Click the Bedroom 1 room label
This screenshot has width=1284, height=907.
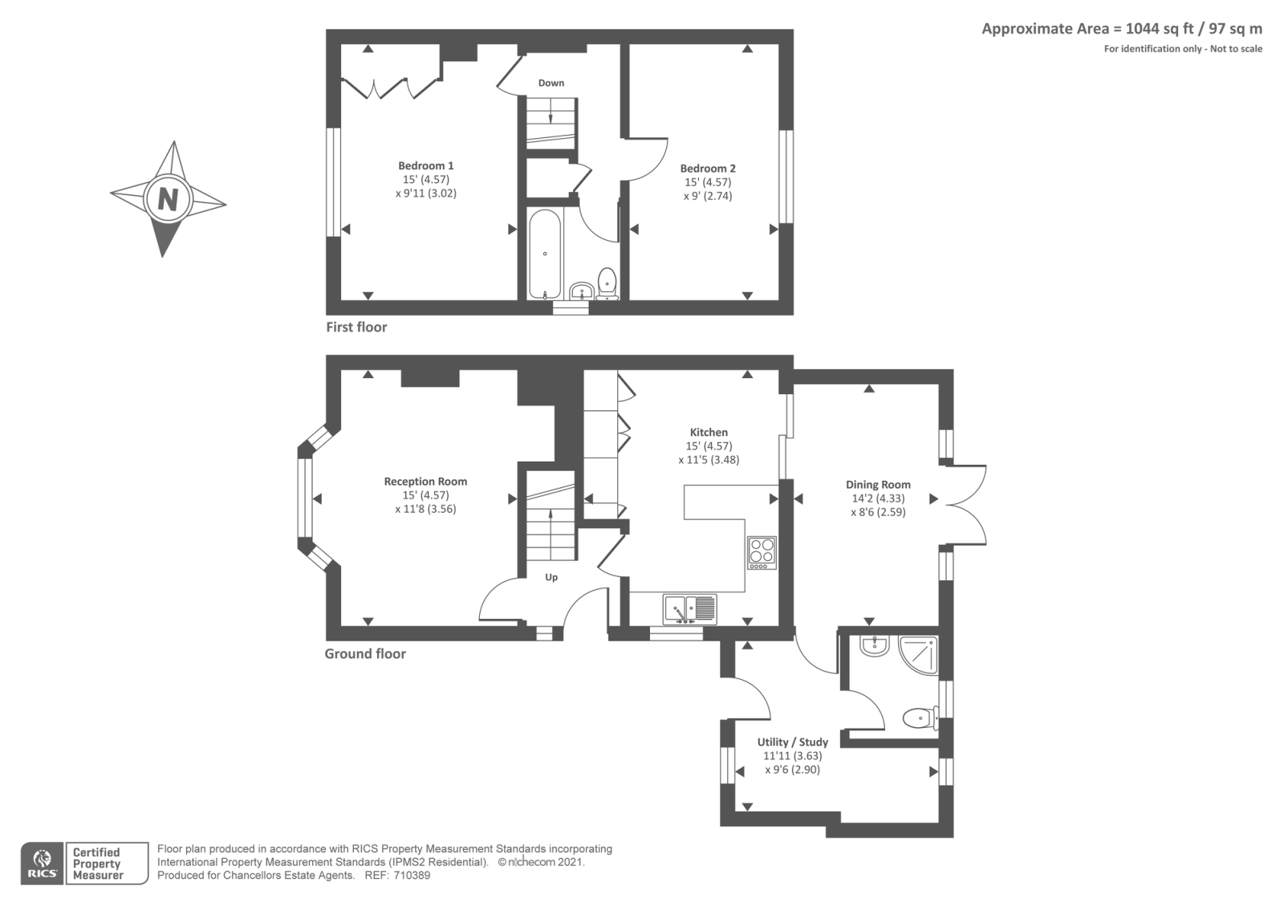point(425,166)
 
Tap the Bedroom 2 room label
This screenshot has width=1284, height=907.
point(707,169)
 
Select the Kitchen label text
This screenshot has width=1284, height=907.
point(709,433)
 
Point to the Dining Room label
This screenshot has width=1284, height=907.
point(878,485)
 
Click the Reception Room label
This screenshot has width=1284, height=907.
point(425,482)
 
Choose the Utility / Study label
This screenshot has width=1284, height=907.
point(792,742)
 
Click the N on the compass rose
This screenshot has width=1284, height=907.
point(168,198)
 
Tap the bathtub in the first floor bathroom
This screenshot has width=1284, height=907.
point(545,254)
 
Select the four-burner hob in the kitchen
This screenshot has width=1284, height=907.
point(762,552)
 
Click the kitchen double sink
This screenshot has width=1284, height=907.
point(689,609)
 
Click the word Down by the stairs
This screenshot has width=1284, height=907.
point(551,83)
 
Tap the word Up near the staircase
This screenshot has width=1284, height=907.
point(551,577)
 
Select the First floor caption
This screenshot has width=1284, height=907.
point(356,327)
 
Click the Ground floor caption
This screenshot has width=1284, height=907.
point(365,654)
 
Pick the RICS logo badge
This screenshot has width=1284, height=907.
point(43,864)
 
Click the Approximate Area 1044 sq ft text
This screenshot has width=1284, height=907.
point(1121,29)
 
